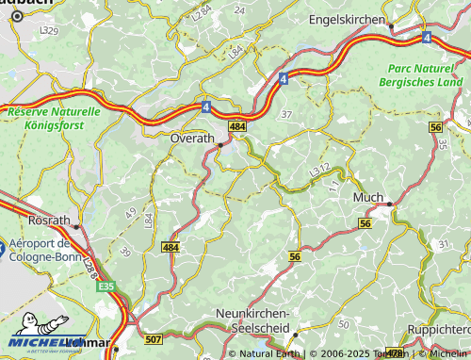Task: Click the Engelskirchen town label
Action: (347, 19)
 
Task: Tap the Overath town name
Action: (192, 138)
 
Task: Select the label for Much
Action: (367, 197)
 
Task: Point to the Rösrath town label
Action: (50, 220)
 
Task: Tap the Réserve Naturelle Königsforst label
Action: (54, 117)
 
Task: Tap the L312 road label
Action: (320, 169)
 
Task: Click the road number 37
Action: (286, 114)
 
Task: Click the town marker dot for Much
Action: (390, 204)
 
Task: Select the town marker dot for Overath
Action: (220, 145)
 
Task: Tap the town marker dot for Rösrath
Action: (76, 226)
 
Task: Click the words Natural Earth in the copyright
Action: (268, 354)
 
